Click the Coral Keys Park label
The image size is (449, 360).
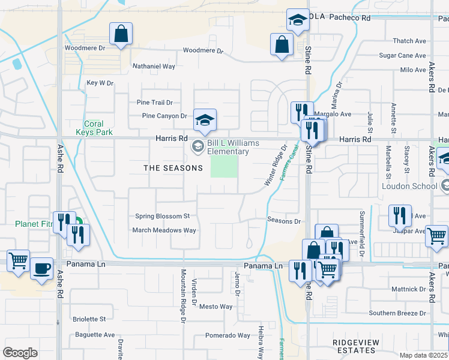pyautogui.click(x=94, y=128)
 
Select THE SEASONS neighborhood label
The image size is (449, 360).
pyautogui.click(x=173, y=168)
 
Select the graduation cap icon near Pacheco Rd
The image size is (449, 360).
pyautogui.click(x=297, y=20)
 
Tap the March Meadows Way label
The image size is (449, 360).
pyautogui.click(x=164, y=230)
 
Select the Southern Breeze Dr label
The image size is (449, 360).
pyautogui.click(x=397, y=313)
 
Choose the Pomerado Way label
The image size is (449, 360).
pyautogui.click(x=228, y=335)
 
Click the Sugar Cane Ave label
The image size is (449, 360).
pyautogui.click(x=402, y=56)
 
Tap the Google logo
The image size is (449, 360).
pyautogui.click(x=20, y=353)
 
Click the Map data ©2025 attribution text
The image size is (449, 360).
pyautogui.click(x=424, y=355)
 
